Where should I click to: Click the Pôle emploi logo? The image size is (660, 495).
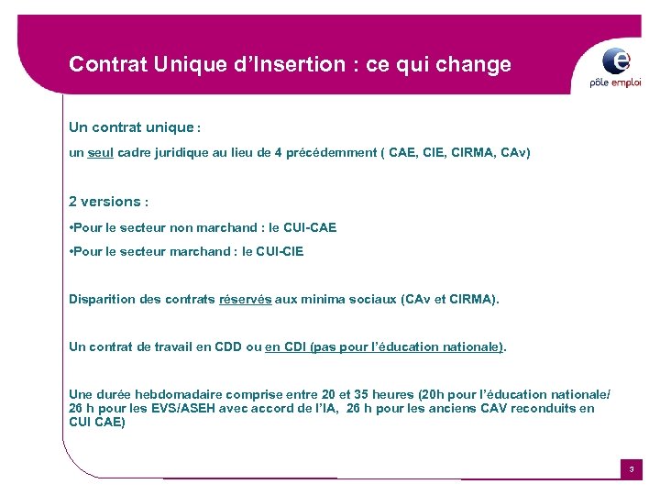[616, 67]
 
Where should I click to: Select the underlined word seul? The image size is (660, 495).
[101, 153]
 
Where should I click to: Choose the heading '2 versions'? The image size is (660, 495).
[104, 202]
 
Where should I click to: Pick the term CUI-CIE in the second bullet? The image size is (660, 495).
[281, 251]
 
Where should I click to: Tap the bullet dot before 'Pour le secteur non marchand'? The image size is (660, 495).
[71, 227]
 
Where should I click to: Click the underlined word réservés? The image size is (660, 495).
[246, 299]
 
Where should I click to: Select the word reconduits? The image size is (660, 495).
[541, 409]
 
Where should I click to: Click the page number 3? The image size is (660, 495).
[631, 470]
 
